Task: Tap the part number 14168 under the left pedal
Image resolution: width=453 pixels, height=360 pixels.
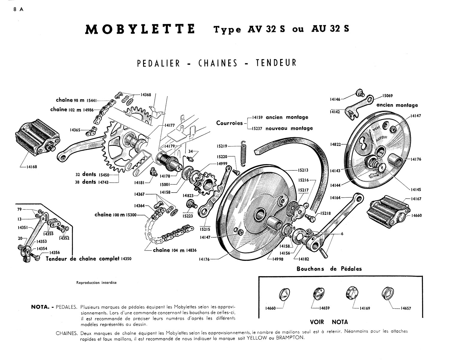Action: point(31,167)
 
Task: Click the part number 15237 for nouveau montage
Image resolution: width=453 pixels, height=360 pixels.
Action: point(257,128)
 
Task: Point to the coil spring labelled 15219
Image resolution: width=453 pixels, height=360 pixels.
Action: point(244,153)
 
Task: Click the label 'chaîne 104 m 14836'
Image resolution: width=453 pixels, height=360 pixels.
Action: point(175,250)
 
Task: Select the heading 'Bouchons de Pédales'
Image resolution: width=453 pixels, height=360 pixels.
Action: point(329,269)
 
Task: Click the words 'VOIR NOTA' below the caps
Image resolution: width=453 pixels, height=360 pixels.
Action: point(329,322)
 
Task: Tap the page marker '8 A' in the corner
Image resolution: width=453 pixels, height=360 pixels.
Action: point(18,9)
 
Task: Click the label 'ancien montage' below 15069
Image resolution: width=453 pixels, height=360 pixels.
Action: point(397,105)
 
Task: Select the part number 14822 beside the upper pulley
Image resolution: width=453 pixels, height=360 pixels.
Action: point(336,144)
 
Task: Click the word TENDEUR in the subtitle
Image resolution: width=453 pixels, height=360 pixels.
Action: point(276,63)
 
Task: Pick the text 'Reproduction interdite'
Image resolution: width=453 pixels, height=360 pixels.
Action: point(96,283)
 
